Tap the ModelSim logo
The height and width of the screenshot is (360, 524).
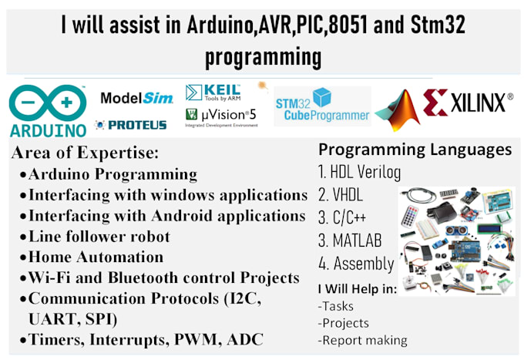(137, 99)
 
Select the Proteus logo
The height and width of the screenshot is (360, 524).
(131, 125)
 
